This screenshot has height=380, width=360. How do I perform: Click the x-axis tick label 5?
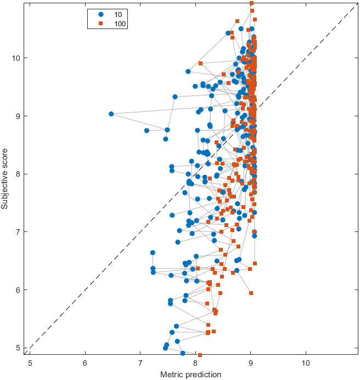(30, 363)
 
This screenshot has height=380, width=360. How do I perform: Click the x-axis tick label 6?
(85, 363)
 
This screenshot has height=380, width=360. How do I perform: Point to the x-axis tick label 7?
(140, 363)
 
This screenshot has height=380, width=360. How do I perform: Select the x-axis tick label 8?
(195, 363)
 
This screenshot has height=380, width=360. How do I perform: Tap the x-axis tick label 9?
(250, 363)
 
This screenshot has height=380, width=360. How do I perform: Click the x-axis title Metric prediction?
(190, 375)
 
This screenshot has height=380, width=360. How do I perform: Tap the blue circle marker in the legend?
(101, 14)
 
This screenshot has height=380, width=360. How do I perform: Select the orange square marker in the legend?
(101, 23)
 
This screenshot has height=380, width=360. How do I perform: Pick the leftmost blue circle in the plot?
(111, 114)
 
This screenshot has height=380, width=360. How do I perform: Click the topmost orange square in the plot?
(251, 3)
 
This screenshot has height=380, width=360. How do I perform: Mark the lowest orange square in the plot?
(200, 355)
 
